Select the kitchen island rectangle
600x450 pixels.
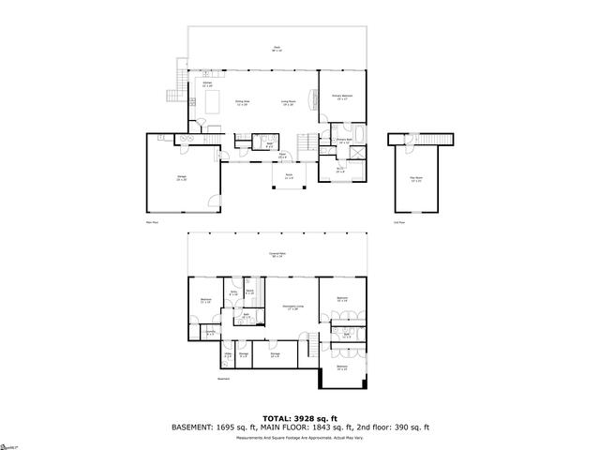[x=213, y=99]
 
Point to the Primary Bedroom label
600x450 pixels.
[x=342, y=97]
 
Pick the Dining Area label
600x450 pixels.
[x=242, y=102]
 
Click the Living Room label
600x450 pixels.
[x=289, y=102]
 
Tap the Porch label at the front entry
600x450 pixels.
[x=289, y=176]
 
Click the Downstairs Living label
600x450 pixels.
[x=292, y=307]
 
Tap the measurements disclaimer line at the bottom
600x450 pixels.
[x=300, y=437]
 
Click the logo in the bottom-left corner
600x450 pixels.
[x=8, y=440]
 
